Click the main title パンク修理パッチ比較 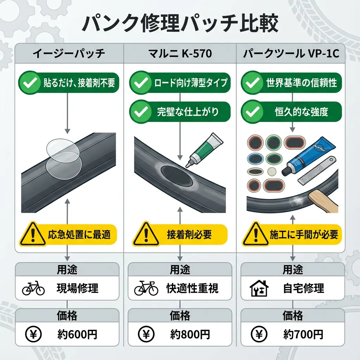coord(180,24)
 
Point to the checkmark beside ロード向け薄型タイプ coord(140,83)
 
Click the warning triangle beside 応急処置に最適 coord(32,234)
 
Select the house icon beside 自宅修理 coord(259,289)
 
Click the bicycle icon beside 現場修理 coord(33,289)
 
